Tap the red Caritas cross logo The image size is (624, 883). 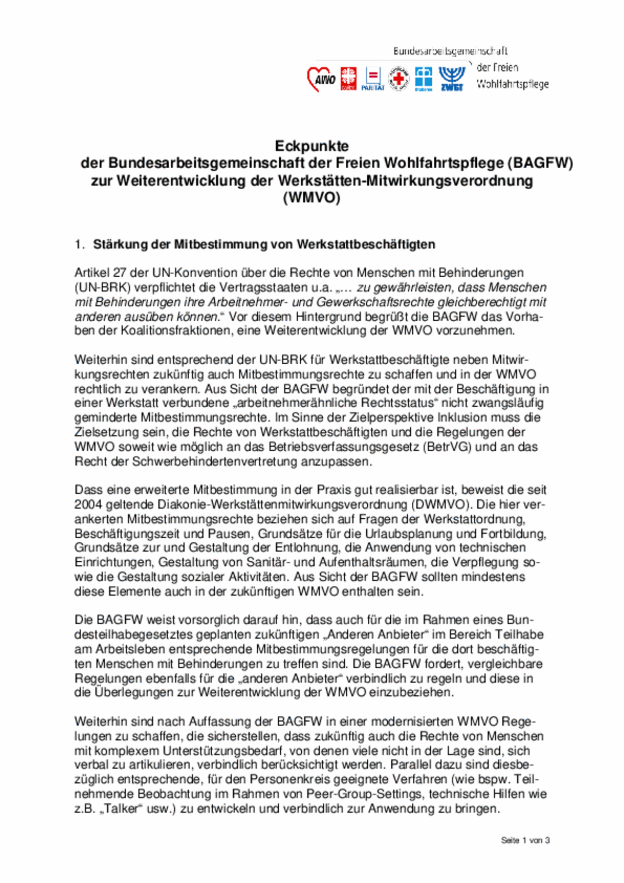point(349,79)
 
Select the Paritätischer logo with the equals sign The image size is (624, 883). point(373,78)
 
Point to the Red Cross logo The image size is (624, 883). point(399,79)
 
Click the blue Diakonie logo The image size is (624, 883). point(423,78)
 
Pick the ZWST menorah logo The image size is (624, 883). point(451,78)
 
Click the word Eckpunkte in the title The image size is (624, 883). point(312,146)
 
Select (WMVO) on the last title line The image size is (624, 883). point(312,198)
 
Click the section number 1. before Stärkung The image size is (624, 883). point(80,244)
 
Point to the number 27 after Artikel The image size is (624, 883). point(120,272)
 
